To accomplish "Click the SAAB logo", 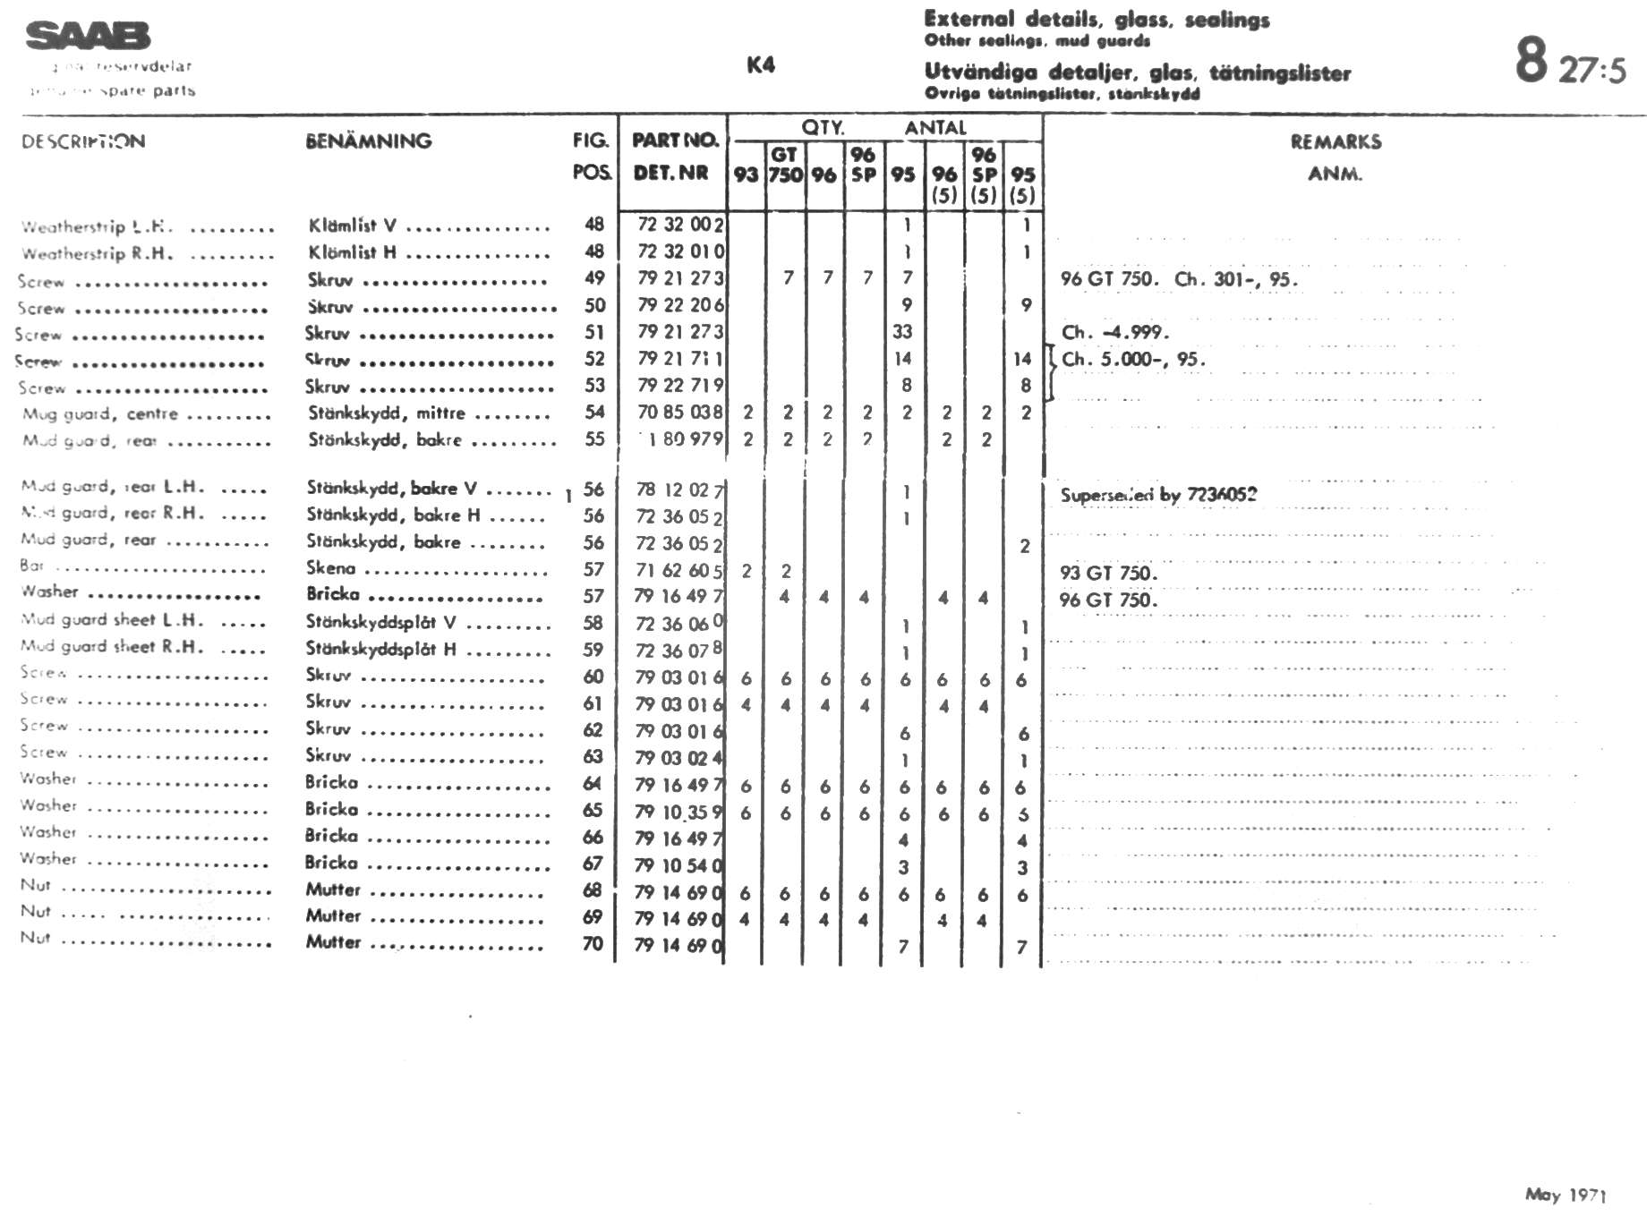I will click(x=88, y=36).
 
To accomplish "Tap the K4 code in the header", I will click(x=761, y=64).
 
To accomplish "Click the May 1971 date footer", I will click(x=1566, y=1195).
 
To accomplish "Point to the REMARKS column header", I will click(x=1336, y=141).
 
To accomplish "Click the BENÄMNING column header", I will click(x=369, y=141).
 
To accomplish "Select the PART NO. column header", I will click(x=675, y=140).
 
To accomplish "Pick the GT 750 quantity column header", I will click(x=785, y=165).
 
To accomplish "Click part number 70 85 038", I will click(x=680, y=413).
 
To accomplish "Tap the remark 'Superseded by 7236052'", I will click(x=1158, y=495).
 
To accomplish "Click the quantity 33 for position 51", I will click(x=902, y=332).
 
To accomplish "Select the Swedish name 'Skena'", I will click(x=330, y=568).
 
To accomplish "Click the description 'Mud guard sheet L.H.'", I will click(x=112, y=619).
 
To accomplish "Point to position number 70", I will click(x=593, y=943).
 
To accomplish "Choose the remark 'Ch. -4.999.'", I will click(x=1114, y=332).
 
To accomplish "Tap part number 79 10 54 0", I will click(x=679, y=865).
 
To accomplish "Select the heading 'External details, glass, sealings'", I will click(x=1097, y=19).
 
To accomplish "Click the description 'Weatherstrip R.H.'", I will click(x=97, y=253).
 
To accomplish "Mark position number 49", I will click(x=594, y=278).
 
